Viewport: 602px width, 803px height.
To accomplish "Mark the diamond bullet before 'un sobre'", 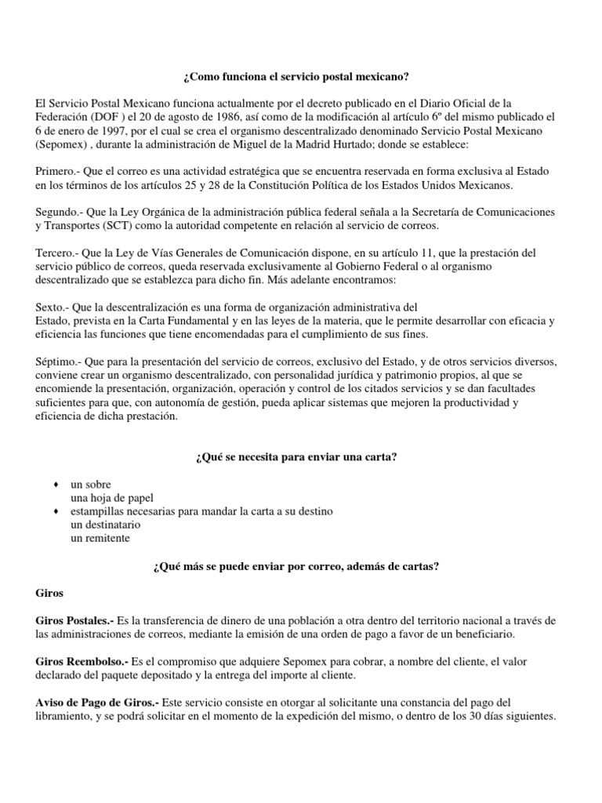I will coord(55,485).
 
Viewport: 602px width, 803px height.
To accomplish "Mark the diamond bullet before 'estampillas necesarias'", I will coord(55,511).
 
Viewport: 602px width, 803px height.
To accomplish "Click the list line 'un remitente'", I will coord(100,538).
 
